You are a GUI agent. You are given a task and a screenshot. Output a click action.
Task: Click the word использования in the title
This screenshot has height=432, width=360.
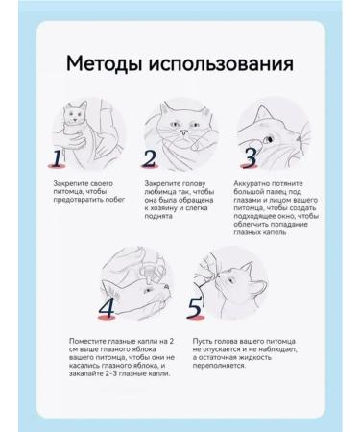[x=222, y=64]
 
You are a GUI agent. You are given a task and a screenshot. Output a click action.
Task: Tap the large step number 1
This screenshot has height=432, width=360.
[x=59, y=157]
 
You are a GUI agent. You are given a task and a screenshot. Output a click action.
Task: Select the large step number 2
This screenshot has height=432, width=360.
[x=150, y=157]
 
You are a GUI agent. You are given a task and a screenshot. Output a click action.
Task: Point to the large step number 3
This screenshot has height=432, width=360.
[x=250, y=156]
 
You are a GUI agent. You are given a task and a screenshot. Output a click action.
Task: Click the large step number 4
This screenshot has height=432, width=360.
[x=107, y=307]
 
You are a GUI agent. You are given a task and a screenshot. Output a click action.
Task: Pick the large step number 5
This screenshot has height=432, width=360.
[x=195, y=307]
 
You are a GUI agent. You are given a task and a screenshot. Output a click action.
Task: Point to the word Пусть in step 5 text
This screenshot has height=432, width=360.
[x=204, y=341]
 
